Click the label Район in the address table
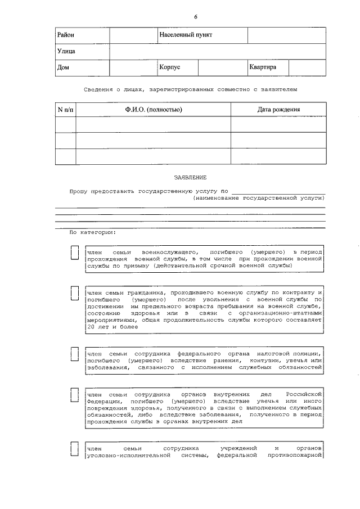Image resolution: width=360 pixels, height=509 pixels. pos(66,35)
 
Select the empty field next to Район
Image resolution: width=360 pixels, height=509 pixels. pos(133,35)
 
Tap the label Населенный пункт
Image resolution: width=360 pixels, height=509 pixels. pos(186,35)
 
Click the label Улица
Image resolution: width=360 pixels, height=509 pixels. pos(66,51)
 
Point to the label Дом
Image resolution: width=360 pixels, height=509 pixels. pos(63,67)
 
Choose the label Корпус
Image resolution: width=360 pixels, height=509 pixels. pos(169,67)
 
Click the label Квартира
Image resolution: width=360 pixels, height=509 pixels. pos(263,67)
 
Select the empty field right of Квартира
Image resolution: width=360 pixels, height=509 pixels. pos(307,67)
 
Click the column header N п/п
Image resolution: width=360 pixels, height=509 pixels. pos(65,109)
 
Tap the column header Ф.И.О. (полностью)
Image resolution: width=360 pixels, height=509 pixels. pos(153,109)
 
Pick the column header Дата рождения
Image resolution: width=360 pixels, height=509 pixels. pos(278,109)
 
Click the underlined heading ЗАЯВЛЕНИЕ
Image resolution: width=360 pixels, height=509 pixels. pos(190,177)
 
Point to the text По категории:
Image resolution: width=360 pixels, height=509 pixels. pos(92,232)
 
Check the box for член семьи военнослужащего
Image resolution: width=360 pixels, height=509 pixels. pos(74,253)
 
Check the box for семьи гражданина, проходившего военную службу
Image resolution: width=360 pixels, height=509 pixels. pos(74,293)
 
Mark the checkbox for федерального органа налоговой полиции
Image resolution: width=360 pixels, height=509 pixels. pos(74,354)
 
